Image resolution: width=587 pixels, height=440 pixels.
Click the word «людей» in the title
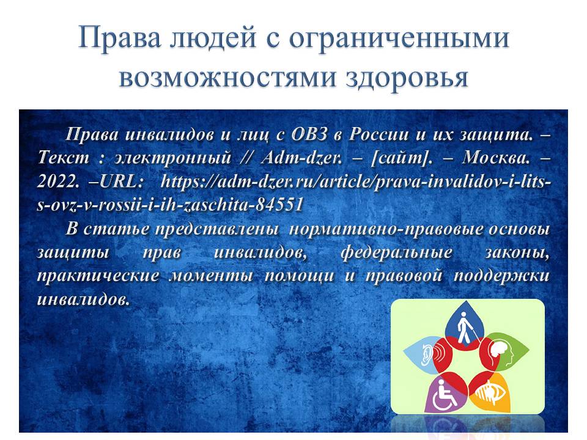(x=213, y=38)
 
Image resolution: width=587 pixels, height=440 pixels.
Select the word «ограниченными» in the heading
(x=399, y=38)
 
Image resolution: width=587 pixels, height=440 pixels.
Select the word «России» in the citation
(x=378, y=134)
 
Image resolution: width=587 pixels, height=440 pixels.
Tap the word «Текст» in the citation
(x=64, y=158)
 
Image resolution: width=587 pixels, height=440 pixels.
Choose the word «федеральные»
(x=396, y=253)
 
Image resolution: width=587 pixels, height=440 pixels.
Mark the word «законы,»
(x=517, y=253)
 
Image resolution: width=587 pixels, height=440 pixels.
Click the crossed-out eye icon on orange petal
(x=490, y=392)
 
